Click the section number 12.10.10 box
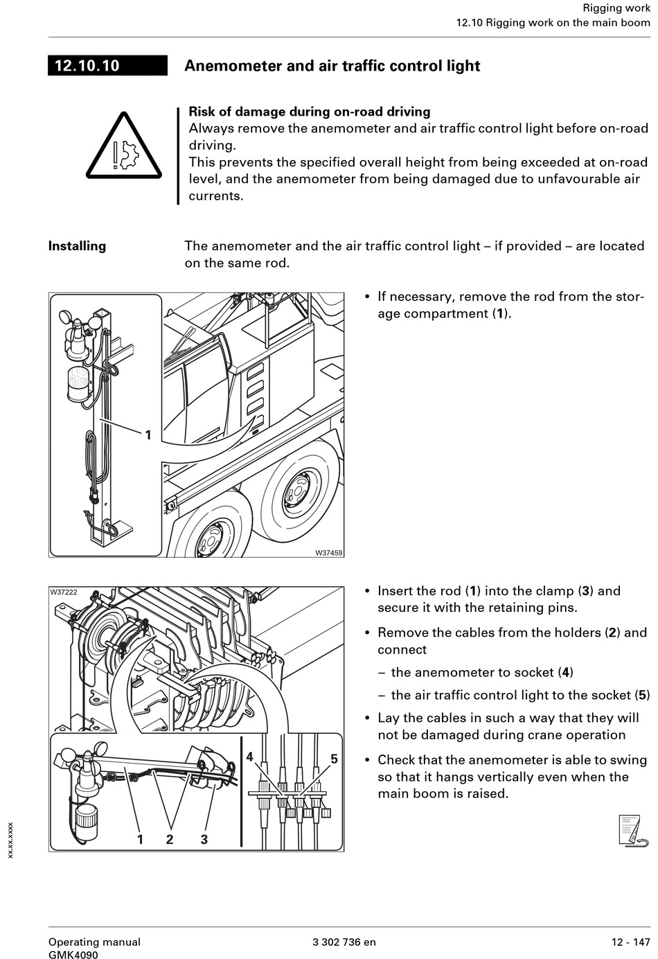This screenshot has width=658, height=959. point(107,66)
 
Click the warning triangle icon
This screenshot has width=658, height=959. point(123,147)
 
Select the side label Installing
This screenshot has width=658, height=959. point(77,246)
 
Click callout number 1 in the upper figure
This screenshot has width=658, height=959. point(148,435)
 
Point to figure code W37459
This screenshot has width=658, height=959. point(329,553)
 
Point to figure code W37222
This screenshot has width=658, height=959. point(64,592)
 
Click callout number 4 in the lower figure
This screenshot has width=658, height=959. point(249,757)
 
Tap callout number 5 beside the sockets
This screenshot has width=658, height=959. point(334,759)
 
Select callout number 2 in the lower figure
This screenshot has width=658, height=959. point(170,839)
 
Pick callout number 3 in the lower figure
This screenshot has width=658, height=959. point(204,839)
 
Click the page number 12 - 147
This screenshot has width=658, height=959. point(630,942)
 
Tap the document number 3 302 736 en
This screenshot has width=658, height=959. point(344,942)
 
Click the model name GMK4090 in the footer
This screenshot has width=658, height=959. point(73,955)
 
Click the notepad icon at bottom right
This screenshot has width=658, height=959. point(633,831)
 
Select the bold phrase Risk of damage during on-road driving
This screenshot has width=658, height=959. point(310,112)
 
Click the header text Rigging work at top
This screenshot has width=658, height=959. point(616,8)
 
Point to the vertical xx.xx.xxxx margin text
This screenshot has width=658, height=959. point(10,841)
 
